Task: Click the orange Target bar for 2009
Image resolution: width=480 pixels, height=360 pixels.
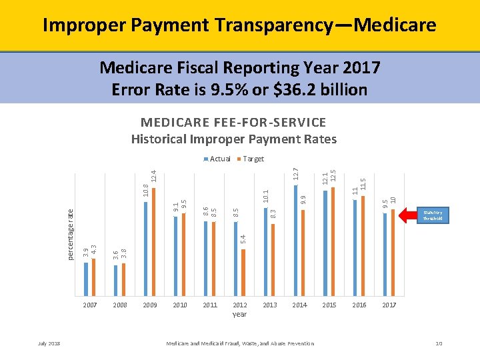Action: click(153, 241)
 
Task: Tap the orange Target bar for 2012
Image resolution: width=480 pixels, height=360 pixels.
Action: click(243, 271)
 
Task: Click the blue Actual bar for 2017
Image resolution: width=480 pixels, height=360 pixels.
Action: click(385, 253)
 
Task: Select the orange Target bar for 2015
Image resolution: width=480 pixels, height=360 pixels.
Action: click(333, 241)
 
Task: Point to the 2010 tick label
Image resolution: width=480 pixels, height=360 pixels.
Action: click(180, 305)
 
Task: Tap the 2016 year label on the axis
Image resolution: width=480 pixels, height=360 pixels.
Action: click(359, 305)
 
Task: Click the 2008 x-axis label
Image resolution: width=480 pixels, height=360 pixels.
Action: click(120, 305)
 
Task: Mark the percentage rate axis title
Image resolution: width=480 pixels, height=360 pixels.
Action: click(71, 233)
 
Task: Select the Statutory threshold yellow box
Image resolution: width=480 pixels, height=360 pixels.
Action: click(433, 215)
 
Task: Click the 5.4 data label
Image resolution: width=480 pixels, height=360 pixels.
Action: click(243, 237)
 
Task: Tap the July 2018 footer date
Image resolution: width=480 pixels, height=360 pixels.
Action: click(49, 343)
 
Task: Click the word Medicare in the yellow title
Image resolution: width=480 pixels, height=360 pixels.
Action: click(395, 25)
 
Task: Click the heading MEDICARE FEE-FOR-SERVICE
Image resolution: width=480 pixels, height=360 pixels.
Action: click(233, 123)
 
